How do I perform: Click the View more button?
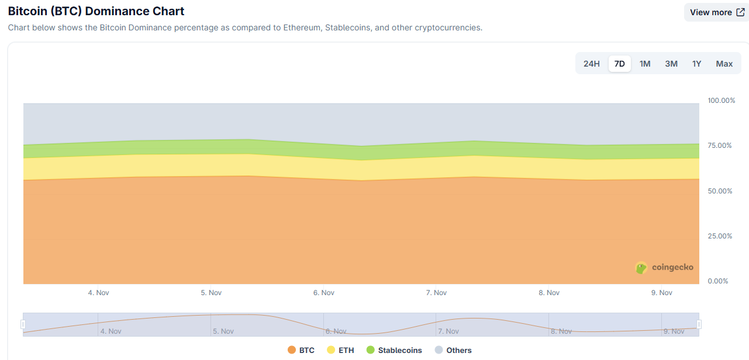716,12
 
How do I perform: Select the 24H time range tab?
592,64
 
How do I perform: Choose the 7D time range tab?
620,64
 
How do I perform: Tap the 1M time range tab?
645,64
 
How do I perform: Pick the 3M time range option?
671,64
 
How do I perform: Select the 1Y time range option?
696,64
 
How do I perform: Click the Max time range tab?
724,64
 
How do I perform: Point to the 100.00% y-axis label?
721,101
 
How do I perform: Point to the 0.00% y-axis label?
719,281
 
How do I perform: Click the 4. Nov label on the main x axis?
98,293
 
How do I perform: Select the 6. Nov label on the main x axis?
324,293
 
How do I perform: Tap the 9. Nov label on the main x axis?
662,293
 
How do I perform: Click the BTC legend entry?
301,350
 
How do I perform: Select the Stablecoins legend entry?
394,350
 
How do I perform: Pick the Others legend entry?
453,350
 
